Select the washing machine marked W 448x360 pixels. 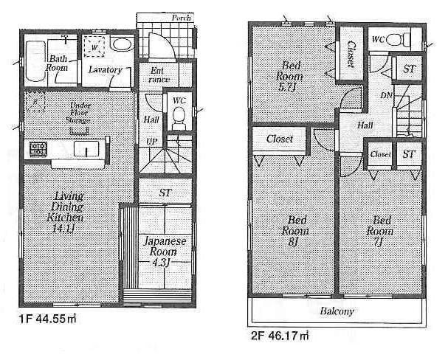click(94, 46)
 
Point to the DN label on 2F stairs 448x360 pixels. click(387, 97)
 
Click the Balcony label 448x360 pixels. click(337, 311)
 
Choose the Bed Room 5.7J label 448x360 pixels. click(288, 75)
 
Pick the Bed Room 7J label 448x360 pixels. click(382, 229)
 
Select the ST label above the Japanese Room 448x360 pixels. click(166, 193)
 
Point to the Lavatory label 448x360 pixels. click(106, 70)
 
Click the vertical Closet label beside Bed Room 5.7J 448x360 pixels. click(349, 54)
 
